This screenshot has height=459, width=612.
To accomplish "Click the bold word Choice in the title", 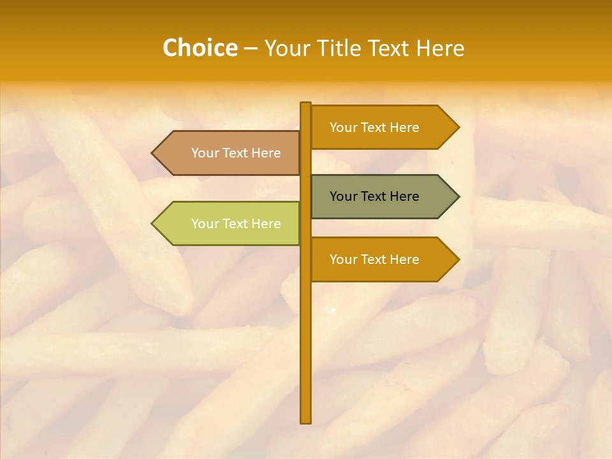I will [x=200, y=48].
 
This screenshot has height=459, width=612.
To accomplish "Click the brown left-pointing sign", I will [x=229, y=153].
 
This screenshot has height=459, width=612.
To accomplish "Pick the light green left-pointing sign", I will [x=229, y=224].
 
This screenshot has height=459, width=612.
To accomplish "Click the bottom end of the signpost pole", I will [x=305, y=420].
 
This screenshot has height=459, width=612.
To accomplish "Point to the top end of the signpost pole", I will [x=305, y=105].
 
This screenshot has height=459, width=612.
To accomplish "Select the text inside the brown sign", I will [x=236, y=153].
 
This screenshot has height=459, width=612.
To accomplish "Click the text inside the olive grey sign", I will [x=374, y=196].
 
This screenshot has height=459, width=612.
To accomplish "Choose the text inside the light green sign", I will [x=236, y=224].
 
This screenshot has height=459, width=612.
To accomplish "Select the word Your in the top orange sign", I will [x=343, y=127].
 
